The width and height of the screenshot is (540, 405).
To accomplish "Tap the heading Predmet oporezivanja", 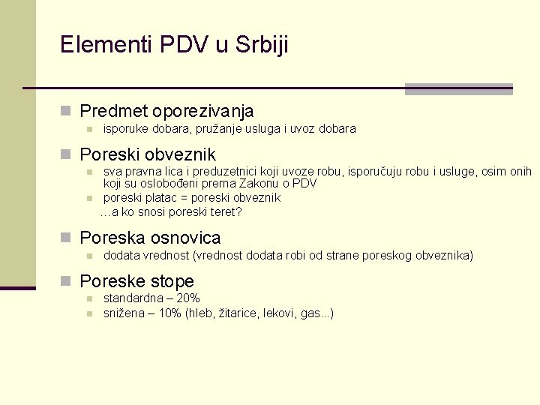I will click(166, 112).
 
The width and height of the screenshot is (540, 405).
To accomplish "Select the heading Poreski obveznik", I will click(148, 155).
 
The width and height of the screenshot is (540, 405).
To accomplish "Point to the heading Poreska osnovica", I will click(150, 238).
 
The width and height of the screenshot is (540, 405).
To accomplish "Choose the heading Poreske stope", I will click(136, 282).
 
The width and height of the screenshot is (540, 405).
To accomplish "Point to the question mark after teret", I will click(238, 212).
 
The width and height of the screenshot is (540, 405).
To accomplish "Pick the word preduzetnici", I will click(207, 171).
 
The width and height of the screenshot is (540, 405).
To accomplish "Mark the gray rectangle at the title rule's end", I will click(458, 89).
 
